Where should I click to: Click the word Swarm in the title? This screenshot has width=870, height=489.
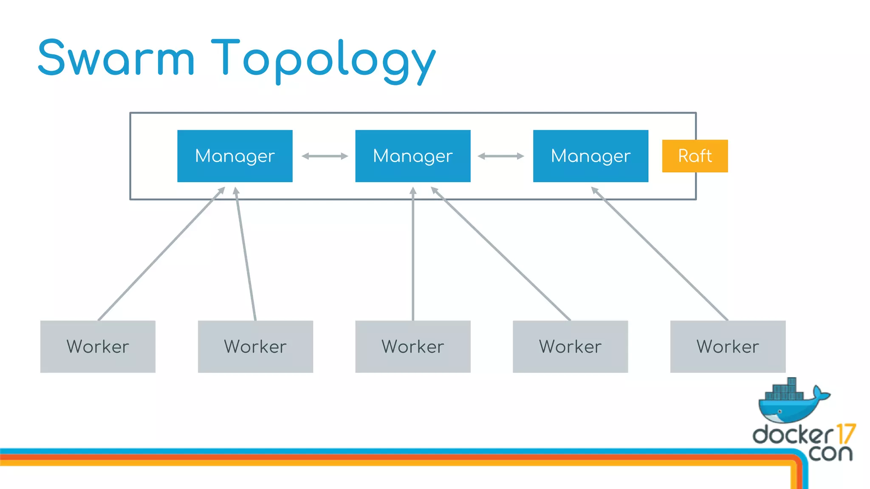116,58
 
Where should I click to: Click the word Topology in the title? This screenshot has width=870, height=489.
323,59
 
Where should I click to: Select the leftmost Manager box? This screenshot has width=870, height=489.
234,156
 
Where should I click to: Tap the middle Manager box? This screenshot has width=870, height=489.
412,156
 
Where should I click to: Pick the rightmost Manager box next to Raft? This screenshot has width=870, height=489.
590,156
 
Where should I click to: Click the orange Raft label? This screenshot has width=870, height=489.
695,156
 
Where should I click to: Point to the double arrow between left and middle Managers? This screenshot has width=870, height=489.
325,156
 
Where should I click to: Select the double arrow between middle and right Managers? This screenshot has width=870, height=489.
501,156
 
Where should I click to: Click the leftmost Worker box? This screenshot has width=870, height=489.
98,346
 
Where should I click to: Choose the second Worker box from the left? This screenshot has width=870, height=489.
255,346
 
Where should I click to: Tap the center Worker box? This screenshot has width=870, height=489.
412,346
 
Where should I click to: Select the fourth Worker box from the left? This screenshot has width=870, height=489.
570,346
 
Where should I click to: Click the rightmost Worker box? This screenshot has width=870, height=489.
728,346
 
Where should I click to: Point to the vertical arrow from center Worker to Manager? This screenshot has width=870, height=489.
412,255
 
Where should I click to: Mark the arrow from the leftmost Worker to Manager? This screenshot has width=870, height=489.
161,254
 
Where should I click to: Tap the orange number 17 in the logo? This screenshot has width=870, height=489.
845,434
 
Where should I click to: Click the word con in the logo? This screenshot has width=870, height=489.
830,453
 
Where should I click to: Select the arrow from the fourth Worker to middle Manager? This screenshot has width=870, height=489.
501,254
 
